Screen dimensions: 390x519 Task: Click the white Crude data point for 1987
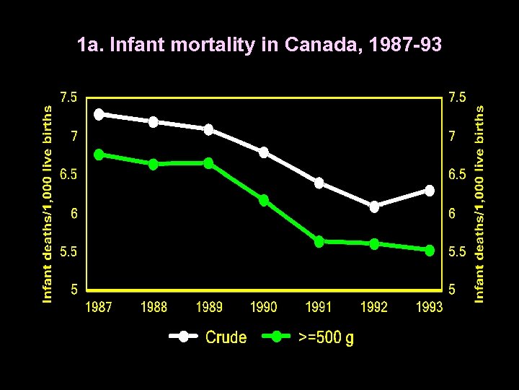(x=99, y=114)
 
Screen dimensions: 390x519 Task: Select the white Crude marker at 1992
(x=374, y=207)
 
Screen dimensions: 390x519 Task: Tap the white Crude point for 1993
(x=430, y=191)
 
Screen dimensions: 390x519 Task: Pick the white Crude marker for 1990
(x=264, y=152)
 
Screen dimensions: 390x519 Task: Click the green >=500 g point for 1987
(x=99, y=155)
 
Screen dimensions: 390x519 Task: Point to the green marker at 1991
(x=319, y=242)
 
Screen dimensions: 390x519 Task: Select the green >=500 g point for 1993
(x=430, y=250)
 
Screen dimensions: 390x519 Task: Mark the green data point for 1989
(x=208, y=163)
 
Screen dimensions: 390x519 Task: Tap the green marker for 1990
(x=264, y=200)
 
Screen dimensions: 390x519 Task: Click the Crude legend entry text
(x=226, y=337)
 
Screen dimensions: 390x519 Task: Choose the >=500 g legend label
(x=326, y=337)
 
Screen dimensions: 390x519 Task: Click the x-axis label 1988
(x=154, y=308)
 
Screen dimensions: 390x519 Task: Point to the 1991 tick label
(x=319, y=308)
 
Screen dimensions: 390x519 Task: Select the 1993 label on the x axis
(x=430, y=308)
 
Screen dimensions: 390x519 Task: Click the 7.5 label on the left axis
(x=70, y=97)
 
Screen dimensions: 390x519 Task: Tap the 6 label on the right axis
(x=452, y=214)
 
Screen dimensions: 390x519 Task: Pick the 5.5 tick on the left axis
(x=70, y=252)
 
